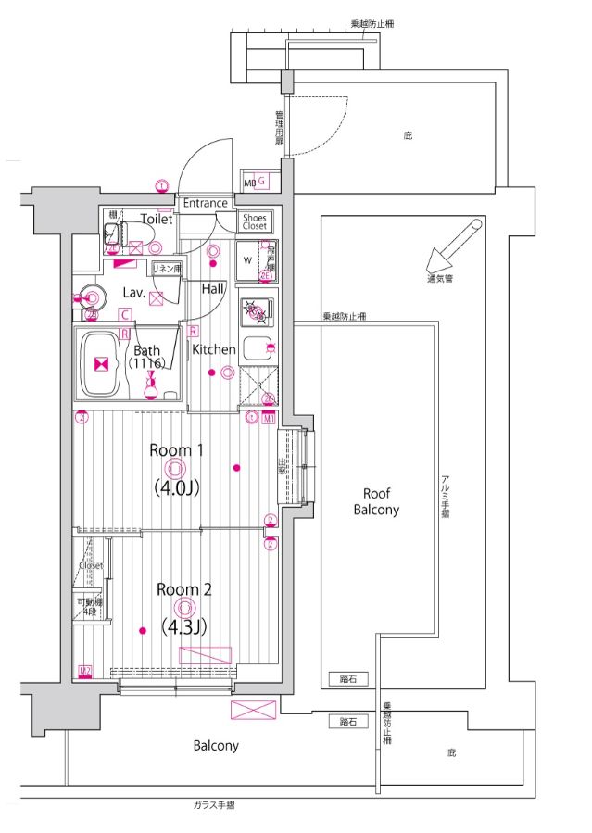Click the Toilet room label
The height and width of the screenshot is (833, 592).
(157, 219)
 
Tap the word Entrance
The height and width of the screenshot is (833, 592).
(205, 203)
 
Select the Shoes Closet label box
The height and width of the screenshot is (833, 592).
(255, 221)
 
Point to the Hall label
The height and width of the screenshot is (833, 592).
(214, 289)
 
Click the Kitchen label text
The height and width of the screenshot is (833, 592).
(214, 349)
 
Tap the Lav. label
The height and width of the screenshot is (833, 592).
(133, 292)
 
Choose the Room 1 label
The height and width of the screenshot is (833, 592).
(177, 450)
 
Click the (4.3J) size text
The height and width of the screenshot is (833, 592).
(183, 627)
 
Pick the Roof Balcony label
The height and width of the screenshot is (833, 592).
(380, 502)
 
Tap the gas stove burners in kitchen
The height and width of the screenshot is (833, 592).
(256, 310)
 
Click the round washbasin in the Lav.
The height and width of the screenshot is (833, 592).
(91, 297)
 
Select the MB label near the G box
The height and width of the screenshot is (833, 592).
(249, 183)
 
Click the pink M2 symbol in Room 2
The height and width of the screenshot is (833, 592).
(85, 670)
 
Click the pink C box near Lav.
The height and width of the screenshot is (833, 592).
(123, 314)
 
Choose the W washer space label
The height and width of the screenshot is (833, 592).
(246, 259)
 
